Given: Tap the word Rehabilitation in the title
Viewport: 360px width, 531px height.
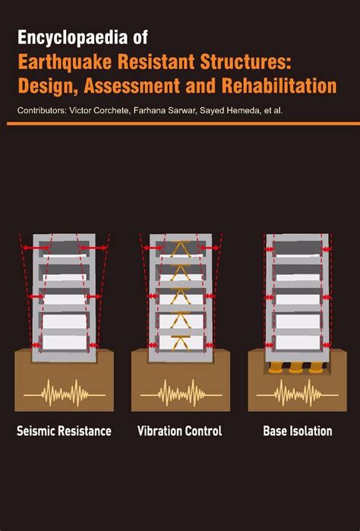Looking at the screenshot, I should (278, 85).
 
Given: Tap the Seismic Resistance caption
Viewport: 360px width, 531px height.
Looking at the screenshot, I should (64, 431).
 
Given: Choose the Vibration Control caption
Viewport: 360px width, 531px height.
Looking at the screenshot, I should (179, 431).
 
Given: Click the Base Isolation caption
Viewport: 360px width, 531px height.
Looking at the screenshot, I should (297, 431).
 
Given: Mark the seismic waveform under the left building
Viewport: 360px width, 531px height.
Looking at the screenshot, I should (65, 394).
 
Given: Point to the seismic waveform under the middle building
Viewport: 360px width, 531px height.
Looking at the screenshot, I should (181, 394).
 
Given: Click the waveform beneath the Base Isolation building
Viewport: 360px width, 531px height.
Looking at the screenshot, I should (297, 394).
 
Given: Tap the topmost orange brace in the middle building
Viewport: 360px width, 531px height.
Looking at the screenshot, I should (181, 247).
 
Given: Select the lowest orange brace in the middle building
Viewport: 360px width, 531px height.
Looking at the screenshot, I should (181, 343).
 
